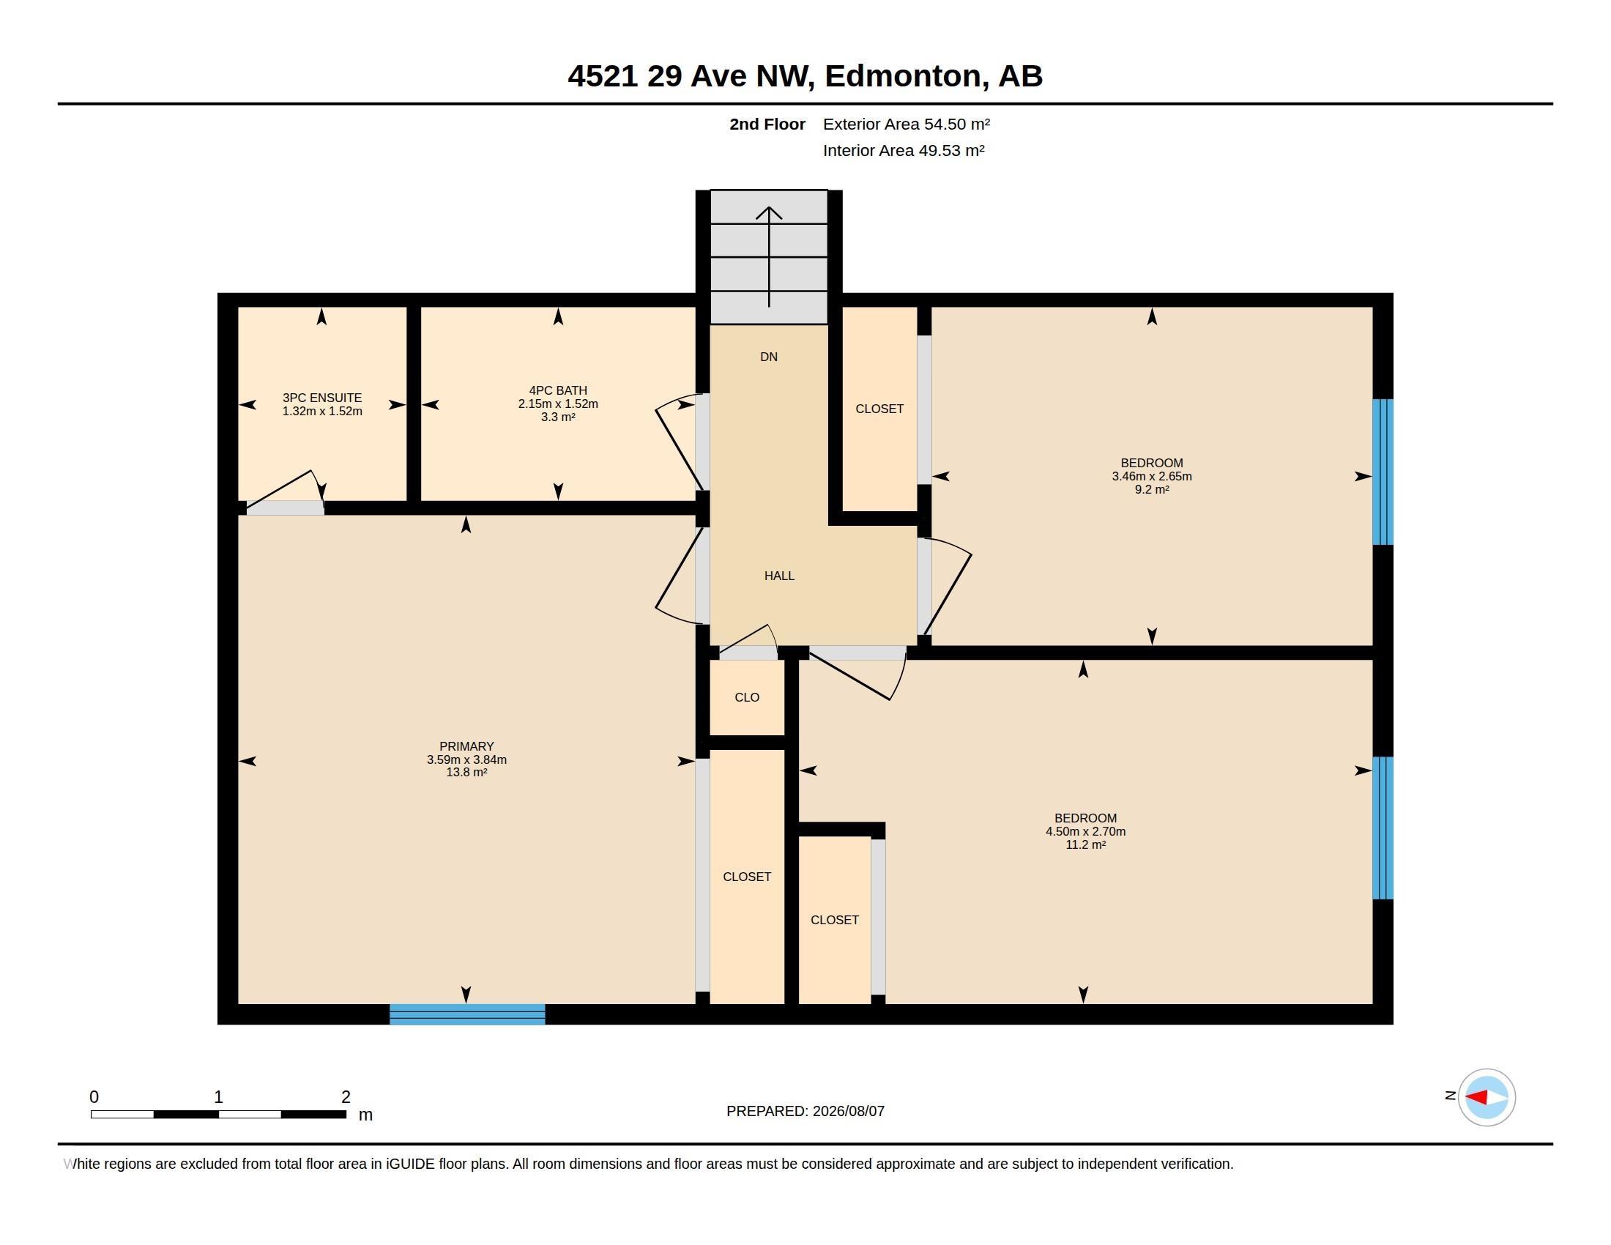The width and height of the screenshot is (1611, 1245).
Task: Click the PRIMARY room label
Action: (466, 746)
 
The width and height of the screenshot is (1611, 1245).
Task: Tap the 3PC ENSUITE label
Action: (321, 398)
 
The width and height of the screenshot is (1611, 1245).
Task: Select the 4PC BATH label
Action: (558, 390)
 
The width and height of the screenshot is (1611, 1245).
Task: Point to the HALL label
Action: (779, 576)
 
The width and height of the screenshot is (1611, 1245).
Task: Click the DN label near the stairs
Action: (769, 357)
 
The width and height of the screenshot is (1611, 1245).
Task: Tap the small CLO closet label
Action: (746, 697)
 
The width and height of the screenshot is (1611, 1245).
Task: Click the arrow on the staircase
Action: (769, 256)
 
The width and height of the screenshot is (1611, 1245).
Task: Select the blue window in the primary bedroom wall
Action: (467, 1014)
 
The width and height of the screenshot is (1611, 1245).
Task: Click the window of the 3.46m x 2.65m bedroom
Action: (1383, 472)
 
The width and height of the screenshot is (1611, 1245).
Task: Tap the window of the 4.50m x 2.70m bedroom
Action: (1383, 828)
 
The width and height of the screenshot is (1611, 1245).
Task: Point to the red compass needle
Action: (1476, 1098)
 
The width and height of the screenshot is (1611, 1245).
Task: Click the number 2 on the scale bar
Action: (345, 1097)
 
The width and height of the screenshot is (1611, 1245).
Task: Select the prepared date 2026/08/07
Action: (848, 1111)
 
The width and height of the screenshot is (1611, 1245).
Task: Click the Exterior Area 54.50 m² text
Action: (907, 124)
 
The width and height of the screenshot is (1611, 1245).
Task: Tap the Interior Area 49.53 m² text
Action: (904, 150)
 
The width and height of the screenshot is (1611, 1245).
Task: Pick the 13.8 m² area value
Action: (466, 772)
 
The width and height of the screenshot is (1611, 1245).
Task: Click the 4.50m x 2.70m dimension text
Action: (1085, 831)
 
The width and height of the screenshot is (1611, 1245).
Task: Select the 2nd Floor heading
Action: (767, 124)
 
